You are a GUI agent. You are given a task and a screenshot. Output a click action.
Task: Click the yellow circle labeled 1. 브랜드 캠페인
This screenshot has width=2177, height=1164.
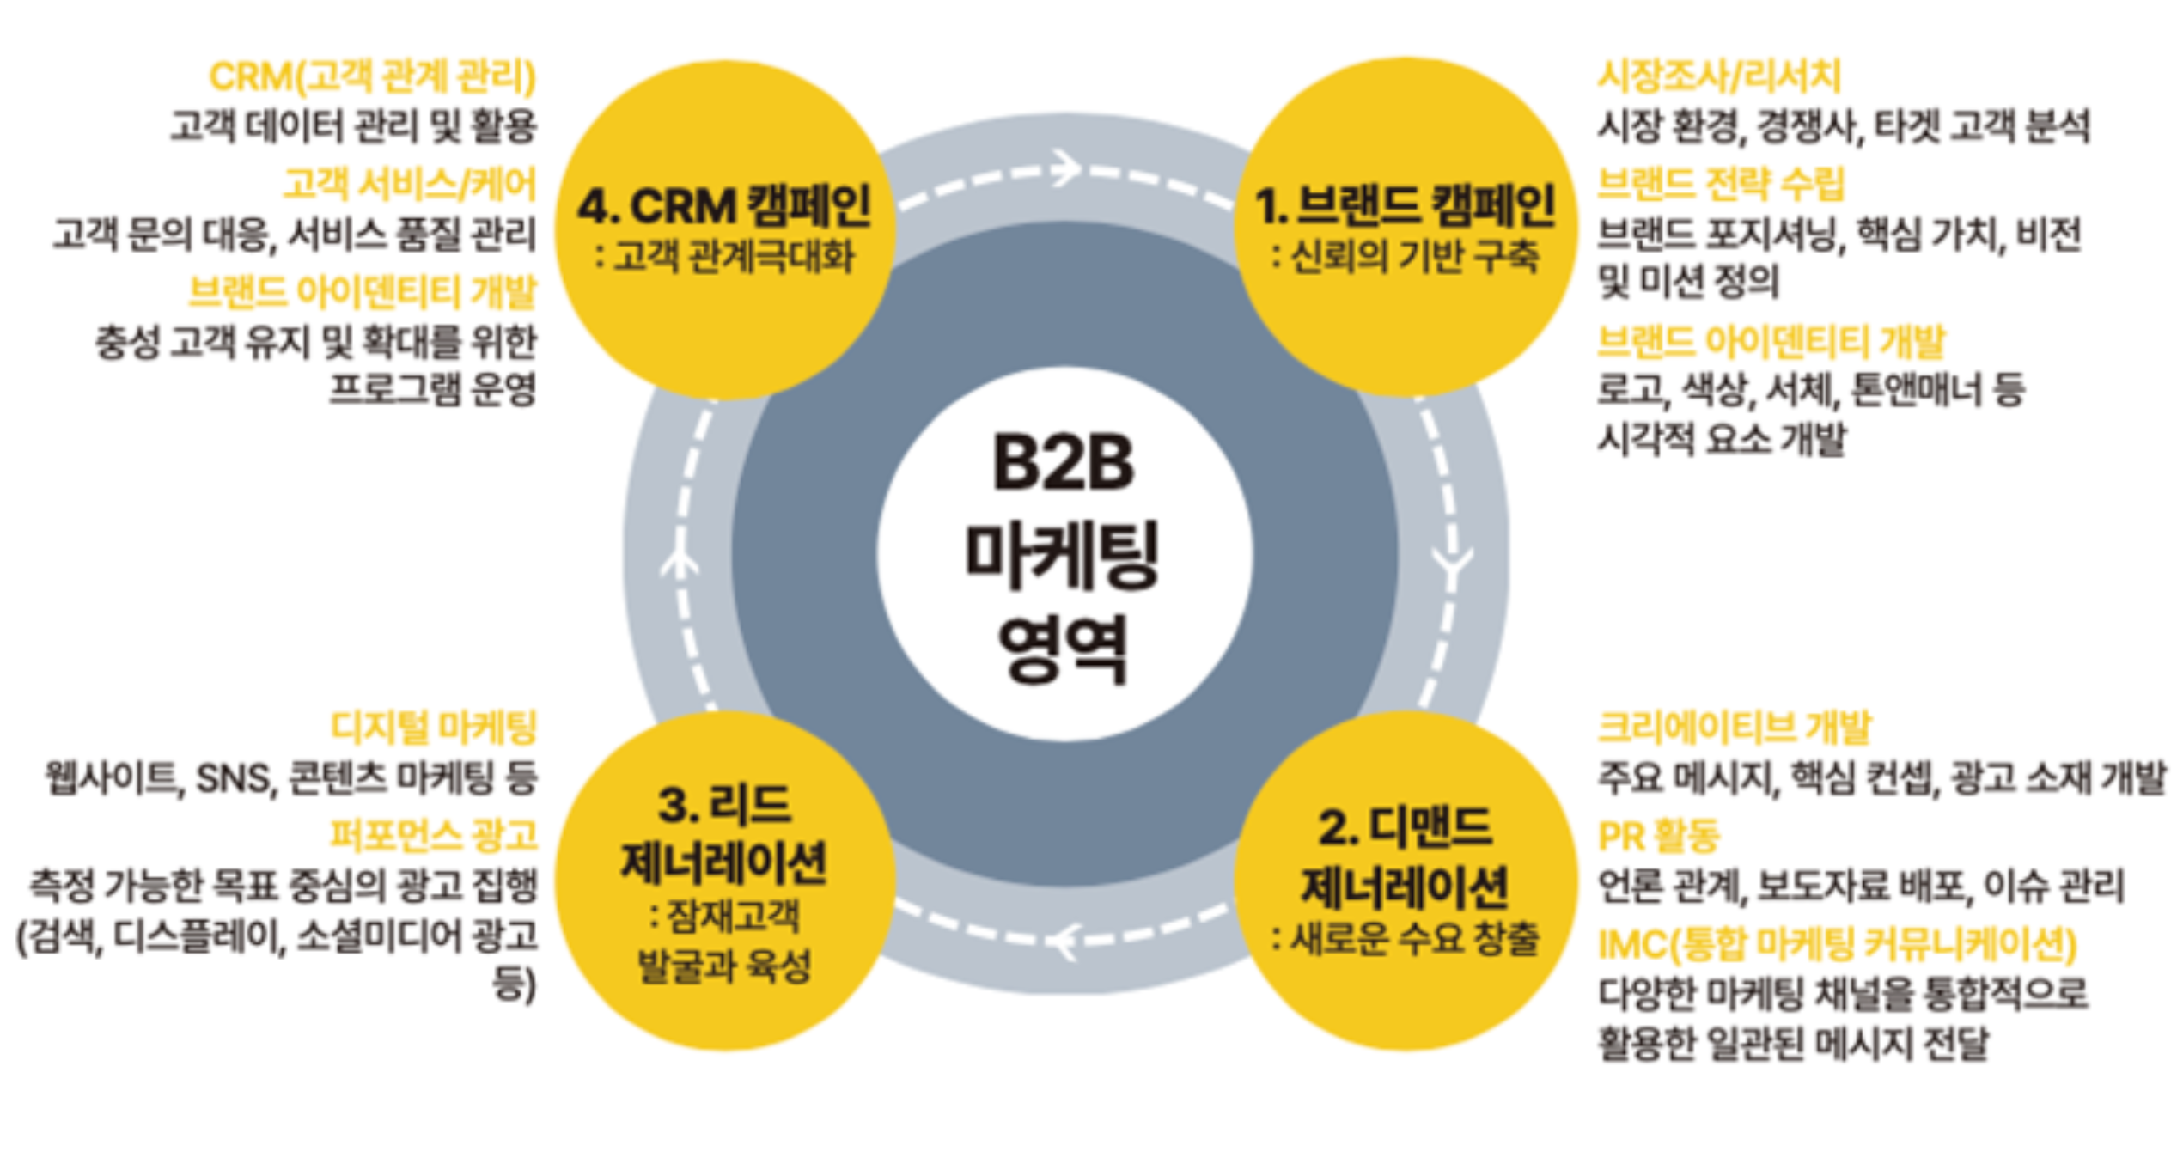pyautogui.click(x=1406, y=228)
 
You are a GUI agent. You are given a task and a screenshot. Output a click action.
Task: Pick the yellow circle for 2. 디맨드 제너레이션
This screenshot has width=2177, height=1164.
pyautogui.click(x=1406, y=881)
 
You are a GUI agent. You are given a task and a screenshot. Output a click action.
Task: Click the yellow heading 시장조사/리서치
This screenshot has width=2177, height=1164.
pyautogui.click(x=1719, y=76)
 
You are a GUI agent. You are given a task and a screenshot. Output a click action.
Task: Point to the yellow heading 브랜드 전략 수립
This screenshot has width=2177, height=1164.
pyautogui.click(x=1720, y=184)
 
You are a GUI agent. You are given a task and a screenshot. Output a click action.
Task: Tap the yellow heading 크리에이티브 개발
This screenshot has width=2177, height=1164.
pyautogui.click(x=1734, y=728)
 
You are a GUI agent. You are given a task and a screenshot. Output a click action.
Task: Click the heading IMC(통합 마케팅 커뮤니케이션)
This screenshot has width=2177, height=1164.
pyautogui.click(x=1837, y=944)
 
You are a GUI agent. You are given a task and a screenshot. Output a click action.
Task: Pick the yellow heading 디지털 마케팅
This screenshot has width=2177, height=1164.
pyautogui.click(x=434, y=728)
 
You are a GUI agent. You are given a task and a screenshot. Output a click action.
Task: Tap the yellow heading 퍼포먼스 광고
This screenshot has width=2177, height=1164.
pyautogui.click(x=434, y=835)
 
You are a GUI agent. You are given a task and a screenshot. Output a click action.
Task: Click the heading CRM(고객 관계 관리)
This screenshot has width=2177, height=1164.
pyautogui.click(x=373, y=76)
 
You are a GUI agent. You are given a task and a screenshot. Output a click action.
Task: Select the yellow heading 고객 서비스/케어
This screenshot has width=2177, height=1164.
pyautogui.click(x=410, y=184)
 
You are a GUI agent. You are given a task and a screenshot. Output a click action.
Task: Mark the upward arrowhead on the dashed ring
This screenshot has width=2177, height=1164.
pyautogui.click(x=680, y=563)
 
